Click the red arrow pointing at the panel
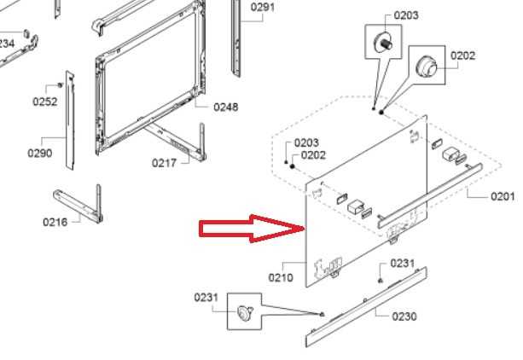pos(252,229)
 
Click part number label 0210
pos(281,277)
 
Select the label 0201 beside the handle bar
pos(503,196)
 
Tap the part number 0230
pos(404,316)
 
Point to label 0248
pos(226,107)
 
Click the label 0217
pos(164,163)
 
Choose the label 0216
pos(55,222)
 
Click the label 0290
pos(40,154)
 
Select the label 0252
pos(45,102)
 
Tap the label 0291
pos(263,7)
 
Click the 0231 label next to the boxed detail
pos(206,297)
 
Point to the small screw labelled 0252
pos(61,84)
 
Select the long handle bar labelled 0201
pos(430,196)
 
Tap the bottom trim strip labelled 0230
pos(366,307)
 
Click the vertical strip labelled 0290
pos(70,120)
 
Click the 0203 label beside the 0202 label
pos(306,142)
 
